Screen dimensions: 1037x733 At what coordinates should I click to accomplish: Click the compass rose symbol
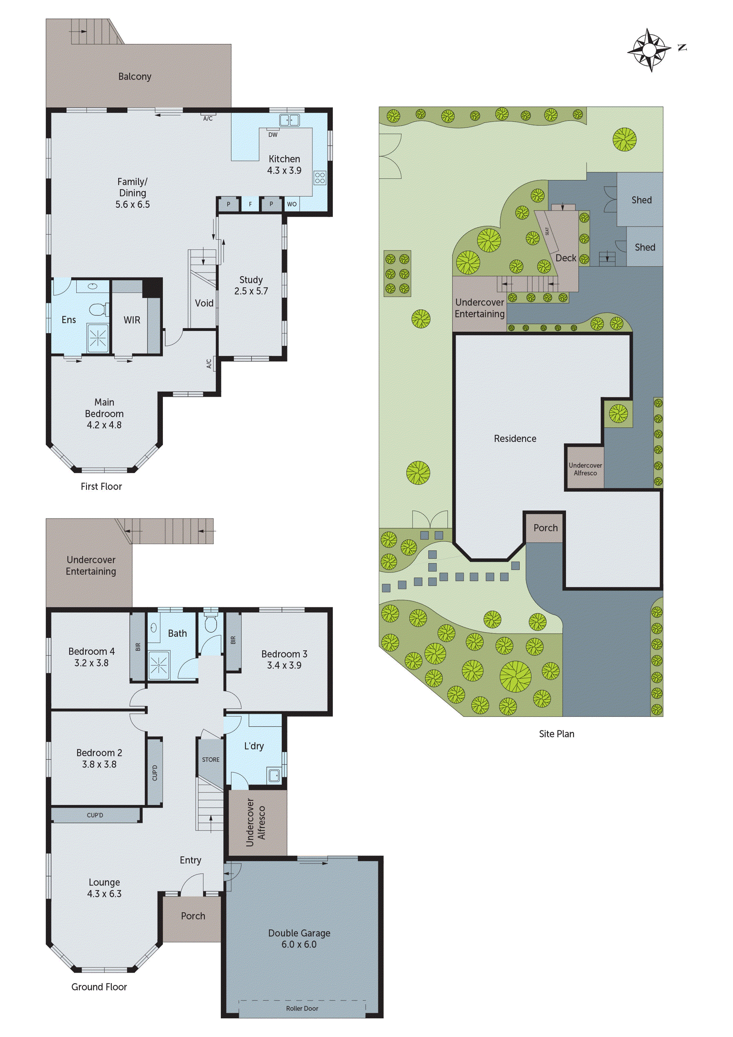[x=649, y=50]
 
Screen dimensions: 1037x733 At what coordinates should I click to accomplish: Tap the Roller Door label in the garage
[x=302, y=1008]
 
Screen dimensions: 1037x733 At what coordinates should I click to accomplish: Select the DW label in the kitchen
[x=273, y=134]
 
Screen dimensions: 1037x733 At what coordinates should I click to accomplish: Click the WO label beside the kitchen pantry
[x=292, y=204]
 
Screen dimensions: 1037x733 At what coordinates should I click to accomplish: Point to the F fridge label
[x=250, y=204]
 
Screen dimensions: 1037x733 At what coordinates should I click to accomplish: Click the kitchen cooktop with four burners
[x=320, y=177]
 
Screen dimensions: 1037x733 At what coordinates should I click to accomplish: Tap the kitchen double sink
[x=289, y=120]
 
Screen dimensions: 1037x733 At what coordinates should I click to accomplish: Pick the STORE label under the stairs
[x=211, y=760]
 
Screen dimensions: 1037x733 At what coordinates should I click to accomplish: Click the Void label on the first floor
[x=204, y=303]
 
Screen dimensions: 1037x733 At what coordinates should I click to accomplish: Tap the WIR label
[x=132, y=320]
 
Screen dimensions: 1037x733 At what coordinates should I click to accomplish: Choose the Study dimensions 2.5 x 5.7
[x=251, y=291]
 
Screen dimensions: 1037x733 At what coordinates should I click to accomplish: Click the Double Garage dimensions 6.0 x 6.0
[x=299, y=945]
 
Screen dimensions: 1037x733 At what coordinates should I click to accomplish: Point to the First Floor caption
[x=101, y=486]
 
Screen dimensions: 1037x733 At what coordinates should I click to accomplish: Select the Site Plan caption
[x=556, y=734]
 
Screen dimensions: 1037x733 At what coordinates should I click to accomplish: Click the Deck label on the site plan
[x=566, y=258]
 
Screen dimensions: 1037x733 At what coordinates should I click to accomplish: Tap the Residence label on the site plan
[x=515, y=439]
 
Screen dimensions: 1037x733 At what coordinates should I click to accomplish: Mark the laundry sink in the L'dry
[x=274, y=776]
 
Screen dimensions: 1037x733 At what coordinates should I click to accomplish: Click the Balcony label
[x=134, y=76]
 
